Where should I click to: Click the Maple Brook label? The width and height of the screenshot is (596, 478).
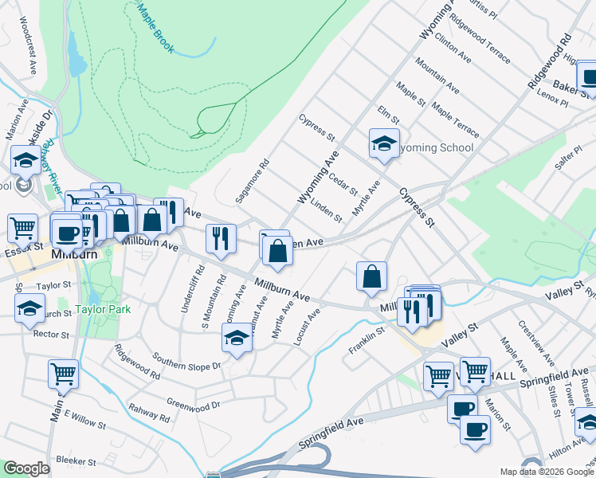coord(155,25)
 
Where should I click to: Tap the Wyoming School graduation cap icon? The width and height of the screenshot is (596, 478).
coord(384,144)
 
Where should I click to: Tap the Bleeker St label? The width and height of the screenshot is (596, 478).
coord(76,461)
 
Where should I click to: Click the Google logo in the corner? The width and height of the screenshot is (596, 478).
coord(25,468)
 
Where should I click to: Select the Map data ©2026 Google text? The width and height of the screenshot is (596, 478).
coord(546,472)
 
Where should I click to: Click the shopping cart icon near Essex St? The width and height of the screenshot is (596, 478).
coord(22,228)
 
